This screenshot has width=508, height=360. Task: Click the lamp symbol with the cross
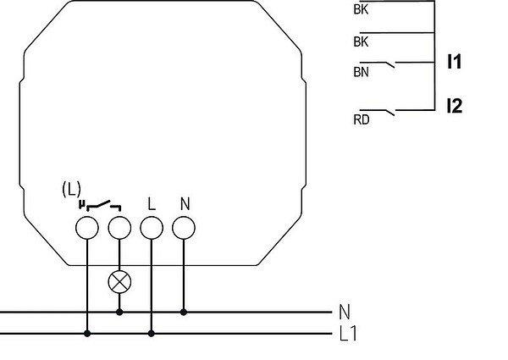tap(119, 282)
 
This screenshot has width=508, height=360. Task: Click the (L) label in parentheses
tap(71, 189)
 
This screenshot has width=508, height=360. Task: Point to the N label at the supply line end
tap(345, 312)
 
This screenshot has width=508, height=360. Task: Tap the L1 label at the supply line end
tap(348, 334)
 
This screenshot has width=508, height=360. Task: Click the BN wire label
tap(361, 72)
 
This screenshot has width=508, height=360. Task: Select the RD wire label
tap(362, 119)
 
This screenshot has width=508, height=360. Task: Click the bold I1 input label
tap(454, 62)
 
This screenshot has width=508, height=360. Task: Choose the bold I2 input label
tap(455, 106)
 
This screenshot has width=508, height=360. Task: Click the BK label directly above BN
tap(361, 42)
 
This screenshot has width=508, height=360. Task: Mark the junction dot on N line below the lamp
tap(119, 312)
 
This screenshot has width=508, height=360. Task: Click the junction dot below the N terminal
tap(184, 312)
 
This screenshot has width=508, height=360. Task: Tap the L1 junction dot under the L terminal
tap(152, 333)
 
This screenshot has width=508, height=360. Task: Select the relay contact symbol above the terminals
tap(103, 206)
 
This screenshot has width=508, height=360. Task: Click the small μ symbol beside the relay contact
tap(81, 204)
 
